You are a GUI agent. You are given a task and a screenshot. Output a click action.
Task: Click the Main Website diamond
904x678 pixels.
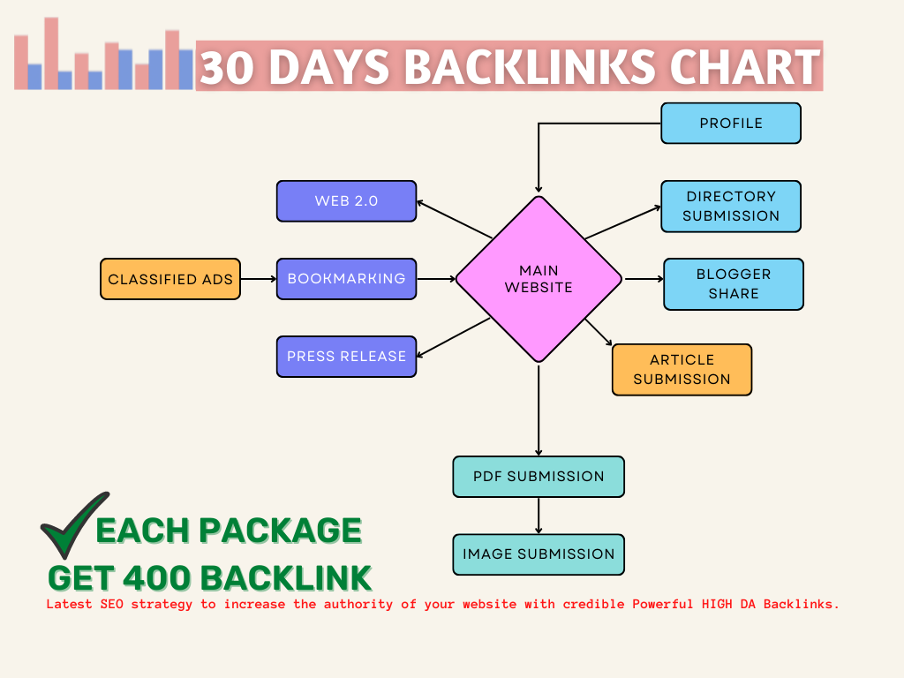(539, 279)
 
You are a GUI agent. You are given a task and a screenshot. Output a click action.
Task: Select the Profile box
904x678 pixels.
(731, 123)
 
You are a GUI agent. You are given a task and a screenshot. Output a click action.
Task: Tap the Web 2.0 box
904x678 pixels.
(346, 200)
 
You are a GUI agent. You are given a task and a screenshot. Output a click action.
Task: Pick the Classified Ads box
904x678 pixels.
(170, 279)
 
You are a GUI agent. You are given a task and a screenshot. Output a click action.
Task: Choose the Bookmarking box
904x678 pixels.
(346, 279)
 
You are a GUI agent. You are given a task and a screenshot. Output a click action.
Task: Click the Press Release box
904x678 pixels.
(346, 357)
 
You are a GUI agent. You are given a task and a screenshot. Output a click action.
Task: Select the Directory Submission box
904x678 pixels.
(731, 206)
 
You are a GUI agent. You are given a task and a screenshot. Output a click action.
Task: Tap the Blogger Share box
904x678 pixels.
(734, 283)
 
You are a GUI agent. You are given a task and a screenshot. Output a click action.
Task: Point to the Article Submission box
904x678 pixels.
(682, 369)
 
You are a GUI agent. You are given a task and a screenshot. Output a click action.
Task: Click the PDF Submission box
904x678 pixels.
(539, 477)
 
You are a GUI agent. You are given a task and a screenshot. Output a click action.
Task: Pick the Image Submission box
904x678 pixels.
(539, 554)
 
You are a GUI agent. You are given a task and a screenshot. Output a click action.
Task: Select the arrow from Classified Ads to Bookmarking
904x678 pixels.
(259, 279)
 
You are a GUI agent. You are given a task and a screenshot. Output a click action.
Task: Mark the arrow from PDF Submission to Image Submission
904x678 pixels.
(539, 516)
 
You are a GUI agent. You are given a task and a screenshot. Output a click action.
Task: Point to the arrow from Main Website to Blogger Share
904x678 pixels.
(644, 280)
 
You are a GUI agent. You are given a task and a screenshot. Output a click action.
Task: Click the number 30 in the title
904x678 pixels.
(227, 68)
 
